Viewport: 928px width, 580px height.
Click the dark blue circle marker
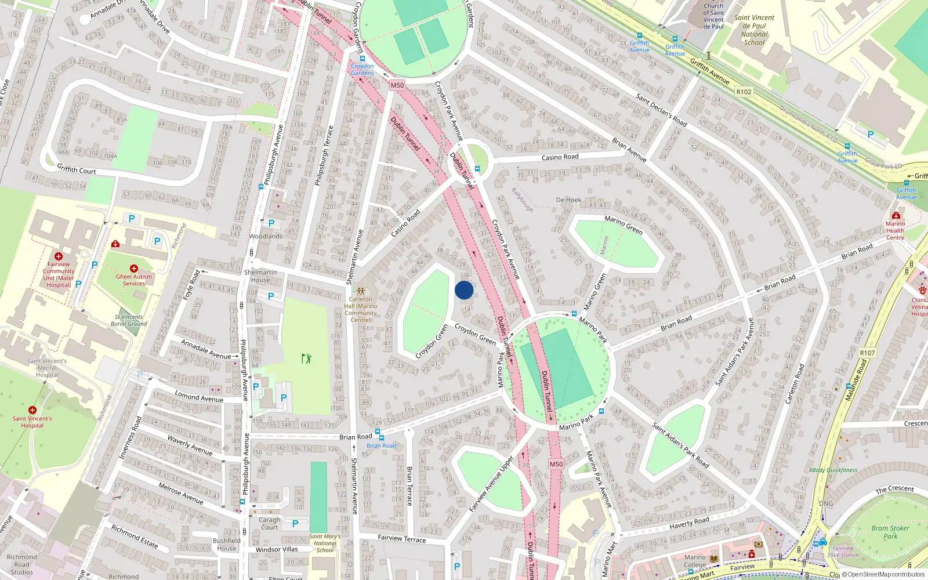pos(464,290)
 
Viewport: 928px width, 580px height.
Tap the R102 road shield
pos(744,92)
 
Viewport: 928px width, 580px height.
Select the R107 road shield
pos(867,353)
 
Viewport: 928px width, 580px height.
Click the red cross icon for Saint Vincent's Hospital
pos(32,410)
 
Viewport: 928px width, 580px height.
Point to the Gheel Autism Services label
pos(134,280)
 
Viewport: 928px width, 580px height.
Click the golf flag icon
pos(306,358)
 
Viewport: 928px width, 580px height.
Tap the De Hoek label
pos(568,200)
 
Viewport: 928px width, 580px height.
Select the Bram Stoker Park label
pos(890,532)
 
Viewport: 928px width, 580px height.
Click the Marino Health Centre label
pos(895,230)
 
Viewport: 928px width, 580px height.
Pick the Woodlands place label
pos(266,237)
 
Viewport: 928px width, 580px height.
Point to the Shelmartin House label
pos(260,276)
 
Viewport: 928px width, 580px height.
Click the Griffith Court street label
pos(77,169)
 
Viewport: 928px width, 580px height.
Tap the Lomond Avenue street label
pos(199,397)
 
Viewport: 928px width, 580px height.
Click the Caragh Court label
pos(269,523)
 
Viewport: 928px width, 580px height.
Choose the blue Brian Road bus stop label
pos(381,445)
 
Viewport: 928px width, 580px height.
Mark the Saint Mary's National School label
pos(325,543)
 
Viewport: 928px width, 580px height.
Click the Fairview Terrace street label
pos(402,538)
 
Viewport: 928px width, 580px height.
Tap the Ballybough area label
pos(522,199)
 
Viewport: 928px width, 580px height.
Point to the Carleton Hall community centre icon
pos(361,291)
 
